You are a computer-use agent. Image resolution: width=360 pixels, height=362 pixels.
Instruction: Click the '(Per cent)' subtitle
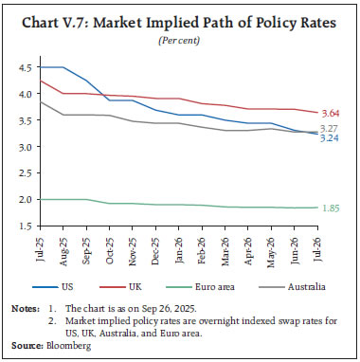point(180,40)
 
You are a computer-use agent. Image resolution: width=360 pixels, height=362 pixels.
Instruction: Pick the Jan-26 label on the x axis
point(182,248)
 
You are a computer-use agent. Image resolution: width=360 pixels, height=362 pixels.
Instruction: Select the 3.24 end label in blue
point(332,138)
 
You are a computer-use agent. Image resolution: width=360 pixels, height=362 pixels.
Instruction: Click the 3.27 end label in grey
point(332,128)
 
